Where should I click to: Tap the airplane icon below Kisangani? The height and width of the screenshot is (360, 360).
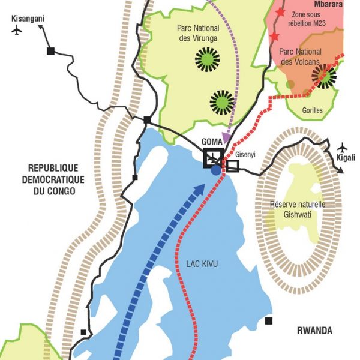[17, 31]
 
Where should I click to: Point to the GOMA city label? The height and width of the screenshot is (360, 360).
[212, 141]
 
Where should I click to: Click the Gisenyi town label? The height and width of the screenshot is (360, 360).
[246, 154]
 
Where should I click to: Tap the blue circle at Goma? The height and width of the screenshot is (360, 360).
[216, 171]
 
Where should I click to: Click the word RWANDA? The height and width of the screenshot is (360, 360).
[314, 331]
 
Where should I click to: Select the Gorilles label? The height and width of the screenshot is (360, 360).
[313, 110]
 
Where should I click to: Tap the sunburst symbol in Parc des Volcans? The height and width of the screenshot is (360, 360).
[325, 77]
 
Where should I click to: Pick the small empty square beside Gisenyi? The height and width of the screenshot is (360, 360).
[232, 166]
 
